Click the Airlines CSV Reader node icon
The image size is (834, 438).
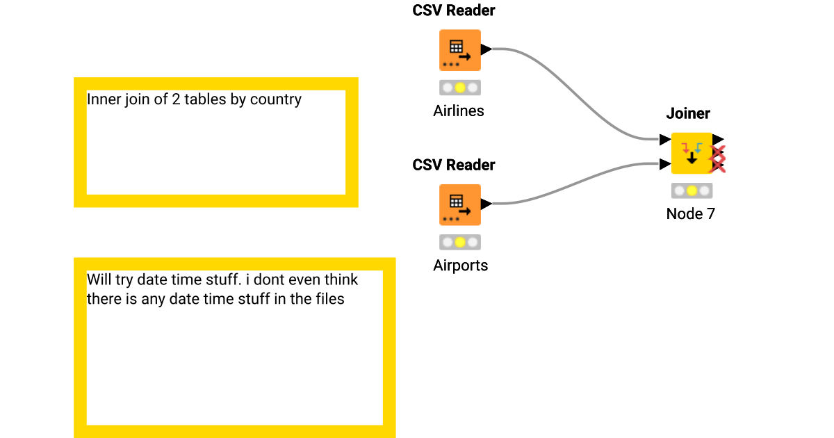click(459, 50)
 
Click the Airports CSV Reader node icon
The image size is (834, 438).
click(459, 204)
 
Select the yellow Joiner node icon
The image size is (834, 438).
click(692, 153)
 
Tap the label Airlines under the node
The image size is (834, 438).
click(459, 111)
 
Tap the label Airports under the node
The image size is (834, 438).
click(460, 265)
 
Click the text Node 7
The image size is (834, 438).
click(690, 213)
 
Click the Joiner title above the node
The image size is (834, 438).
click(688, 113)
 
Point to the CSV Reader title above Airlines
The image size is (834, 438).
click(454, 10)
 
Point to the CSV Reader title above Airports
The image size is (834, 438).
click(454, 165)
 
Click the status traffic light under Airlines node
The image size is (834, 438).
click(459, 88)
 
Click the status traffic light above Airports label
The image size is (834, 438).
click(459, 243)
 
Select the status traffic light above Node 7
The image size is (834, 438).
click(692, 190)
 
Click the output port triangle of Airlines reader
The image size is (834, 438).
click(486, 49)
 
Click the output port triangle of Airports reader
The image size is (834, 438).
click(486, 204)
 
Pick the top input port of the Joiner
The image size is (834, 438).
click(665, 140)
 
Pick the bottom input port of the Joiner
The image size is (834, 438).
click(665, 165)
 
